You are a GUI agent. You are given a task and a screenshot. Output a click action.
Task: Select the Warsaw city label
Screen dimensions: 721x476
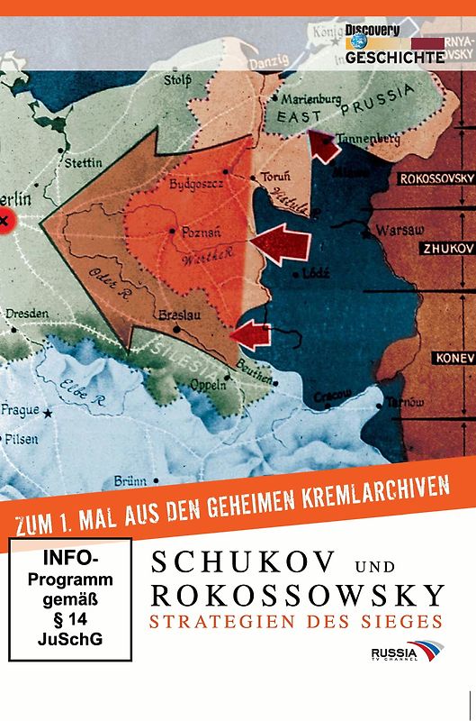pyautogui.click(x=400, y=230)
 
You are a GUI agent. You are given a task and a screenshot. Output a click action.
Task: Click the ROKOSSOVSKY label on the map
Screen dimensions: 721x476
pyautogui.click(x=436, y=178)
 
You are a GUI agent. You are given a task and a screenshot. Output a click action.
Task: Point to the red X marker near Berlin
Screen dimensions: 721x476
pyautogui.click(x=5, y=219)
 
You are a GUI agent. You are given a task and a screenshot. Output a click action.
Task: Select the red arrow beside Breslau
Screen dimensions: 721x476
pyautogui.click(x=251, y=335)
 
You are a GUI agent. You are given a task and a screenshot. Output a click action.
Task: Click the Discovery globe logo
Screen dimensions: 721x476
pyautogui.click(x=359, y=41)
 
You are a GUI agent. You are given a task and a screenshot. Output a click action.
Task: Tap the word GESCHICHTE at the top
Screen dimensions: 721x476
pyautogui.click(x=395, y=56)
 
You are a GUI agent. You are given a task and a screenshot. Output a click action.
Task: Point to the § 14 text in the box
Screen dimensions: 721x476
pyautogui.click(x=70, y=619)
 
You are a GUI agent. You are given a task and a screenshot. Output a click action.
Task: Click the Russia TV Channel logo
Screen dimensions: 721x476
pyautogui.click(x=406, y=652)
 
